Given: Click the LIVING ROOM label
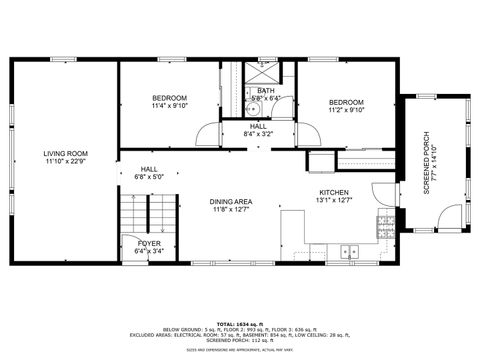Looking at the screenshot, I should [x=63, y=153].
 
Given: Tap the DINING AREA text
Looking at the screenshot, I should [x=231, y=202].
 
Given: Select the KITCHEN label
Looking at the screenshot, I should [x=333, y=192].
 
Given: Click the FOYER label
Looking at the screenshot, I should [x=149, y=243].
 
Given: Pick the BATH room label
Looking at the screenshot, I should [x=265, y=91].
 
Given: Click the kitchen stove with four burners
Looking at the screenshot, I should [x=384, y=227].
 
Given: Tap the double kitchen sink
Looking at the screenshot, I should [x=349, y=251].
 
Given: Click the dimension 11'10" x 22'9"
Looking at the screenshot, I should [x=63, y=161].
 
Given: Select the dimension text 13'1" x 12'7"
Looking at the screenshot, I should [x=333, y=200].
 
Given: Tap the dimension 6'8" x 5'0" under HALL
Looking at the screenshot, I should [x=149, y=177].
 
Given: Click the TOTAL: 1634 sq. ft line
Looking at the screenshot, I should [x=240, y=313].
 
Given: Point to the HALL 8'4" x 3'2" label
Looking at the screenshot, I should [x=258, y=129].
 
